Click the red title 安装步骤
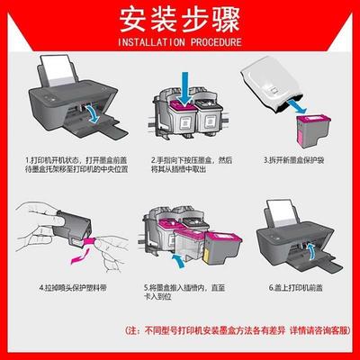(180, 19)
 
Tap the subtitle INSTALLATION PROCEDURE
(180, 41)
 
